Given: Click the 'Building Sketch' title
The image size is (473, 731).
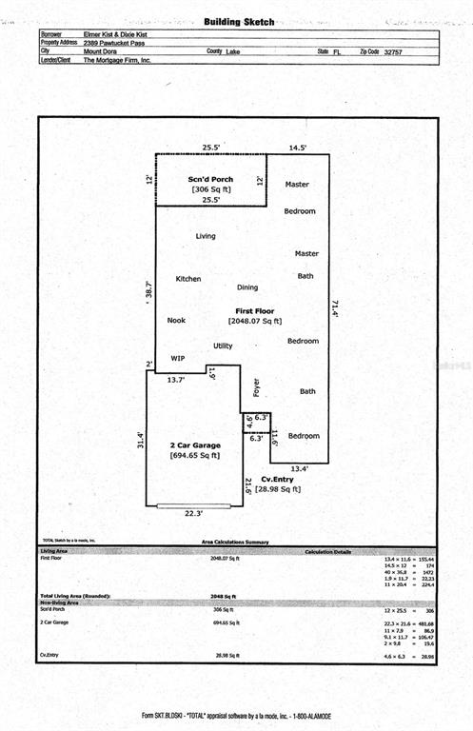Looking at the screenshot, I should tap(239, 21).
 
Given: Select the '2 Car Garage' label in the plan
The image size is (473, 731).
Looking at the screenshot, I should tap(195, 445).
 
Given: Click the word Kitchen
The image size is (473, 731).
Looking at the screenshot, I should tap(188, 278).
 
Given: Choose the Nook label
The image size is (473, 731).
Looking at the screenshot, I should tap(176, 321).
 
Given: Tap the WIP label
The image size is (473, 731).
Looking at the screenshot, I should tap(177, 358).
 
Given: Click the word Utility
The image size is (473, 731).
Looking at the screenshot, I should tap(223, 346).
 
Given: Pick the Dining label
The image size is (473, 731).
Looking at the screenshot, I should tap(247, 286).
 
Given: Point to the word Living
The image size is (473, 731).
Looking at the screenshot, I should tap(206, 236).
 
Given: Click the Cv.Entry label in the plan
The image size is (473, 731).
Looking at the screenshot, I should tap(276, 479).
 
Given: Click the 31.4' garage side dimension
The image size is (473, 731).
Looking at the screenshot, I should tap(141, 440).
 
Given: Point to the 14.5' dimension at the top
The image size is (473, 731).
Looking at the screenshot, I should tap(298, 148).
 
